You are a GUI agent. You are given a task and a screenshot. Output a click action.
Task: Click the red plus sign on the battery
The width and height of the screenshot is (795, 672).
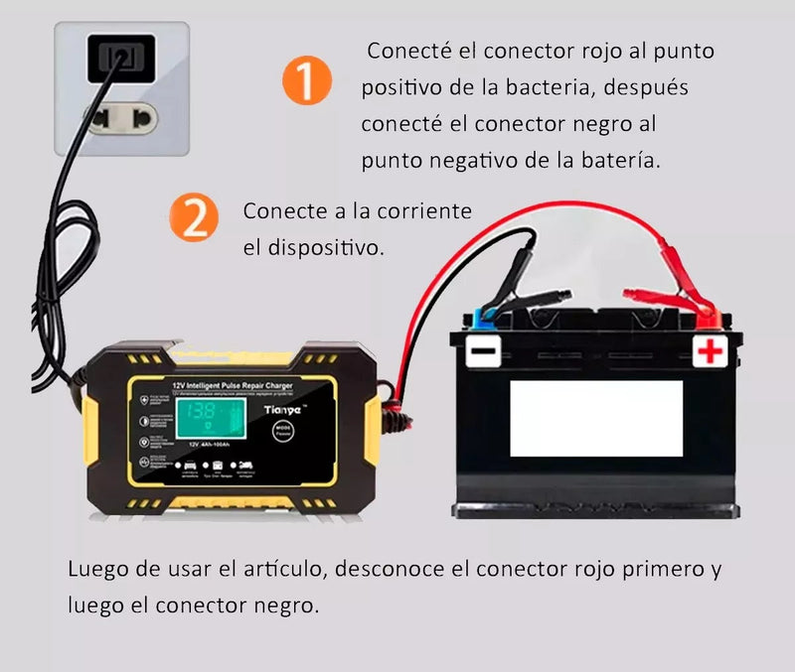[709, 350]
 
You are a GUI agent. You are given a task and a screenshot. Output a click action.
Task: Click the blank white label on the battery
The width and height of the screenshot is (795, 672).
[596, 417]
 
